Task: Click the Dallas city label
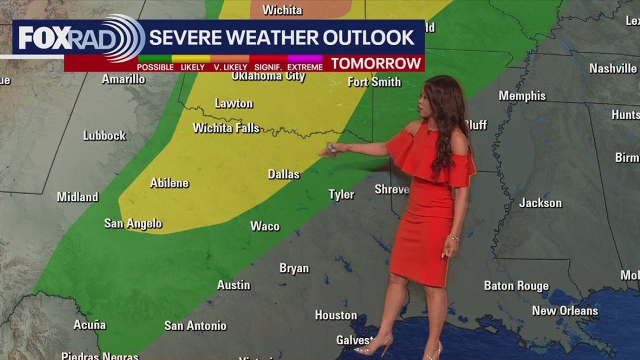[x=283, y=174]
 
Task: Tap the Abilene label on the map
[x=169, y=183]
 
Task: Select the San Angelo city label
[x=133, y=223]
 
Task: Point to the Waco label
[x=265, y=226]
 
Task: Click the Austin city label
[x=233, y=285]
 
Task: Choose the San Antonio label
[x=195, y=326]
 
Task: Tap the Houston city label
[x=336, y=315]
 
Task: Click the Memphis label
[x=522, y=95]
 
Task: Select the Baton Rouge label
[x=516, y=286]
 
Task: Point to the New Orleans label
[x=565, y=311]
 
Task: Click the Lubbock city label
[x=104, y=135]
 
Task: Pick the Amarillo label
[x=123, y=79]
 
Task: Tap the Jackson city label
[x=540, y=203]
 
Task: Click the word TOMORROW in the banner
[x=376, y=63]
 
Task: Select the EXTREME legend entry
[x=305, y=67]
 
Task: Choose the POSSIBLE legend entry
[x=155, y=67]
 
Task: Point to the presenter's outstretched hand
[x=331, y=149]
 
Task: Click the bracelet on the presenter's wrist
[x=452, y=238]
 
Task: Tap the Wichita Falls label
[x=226, y=128]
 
